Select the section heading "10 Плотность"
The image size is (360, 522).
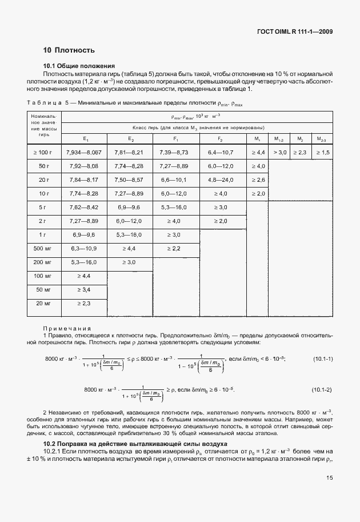pos(69,50)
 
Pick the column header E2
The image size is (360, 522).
pos(131,139)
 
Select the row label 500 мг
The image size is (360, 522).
pos(42,248)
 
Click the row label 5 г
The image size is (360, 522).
pos(42,207)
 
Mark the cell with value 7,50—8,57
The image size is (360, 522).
pos(131,180)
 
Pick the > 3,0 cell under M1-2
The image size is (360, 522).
pos(279,152)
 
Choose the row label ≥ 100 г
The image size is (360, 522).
pos(42,152)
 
